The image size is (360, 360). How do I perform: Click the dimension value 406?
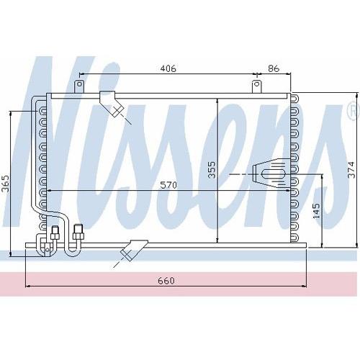[168, 68]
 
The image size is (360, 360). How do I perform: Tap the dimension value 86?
[274, 68]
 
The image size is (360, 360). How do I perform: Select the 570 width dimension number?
[168, 185]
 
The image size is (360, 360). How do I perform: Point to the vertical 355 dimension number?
[212, 170]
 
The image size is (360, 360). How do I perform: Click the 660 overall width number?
[166, 280]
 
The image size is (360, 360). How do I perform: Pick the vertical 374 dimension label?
[351, 170]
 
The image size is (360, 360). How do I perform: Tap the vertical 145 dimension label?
[316, 210]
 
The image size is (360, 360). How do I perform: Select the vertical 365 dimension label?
[5, 184]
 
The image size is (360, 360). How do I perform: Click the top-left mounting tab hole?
[79, 84]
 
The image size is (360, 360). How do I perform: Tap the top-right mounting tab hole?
[256, 84]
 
